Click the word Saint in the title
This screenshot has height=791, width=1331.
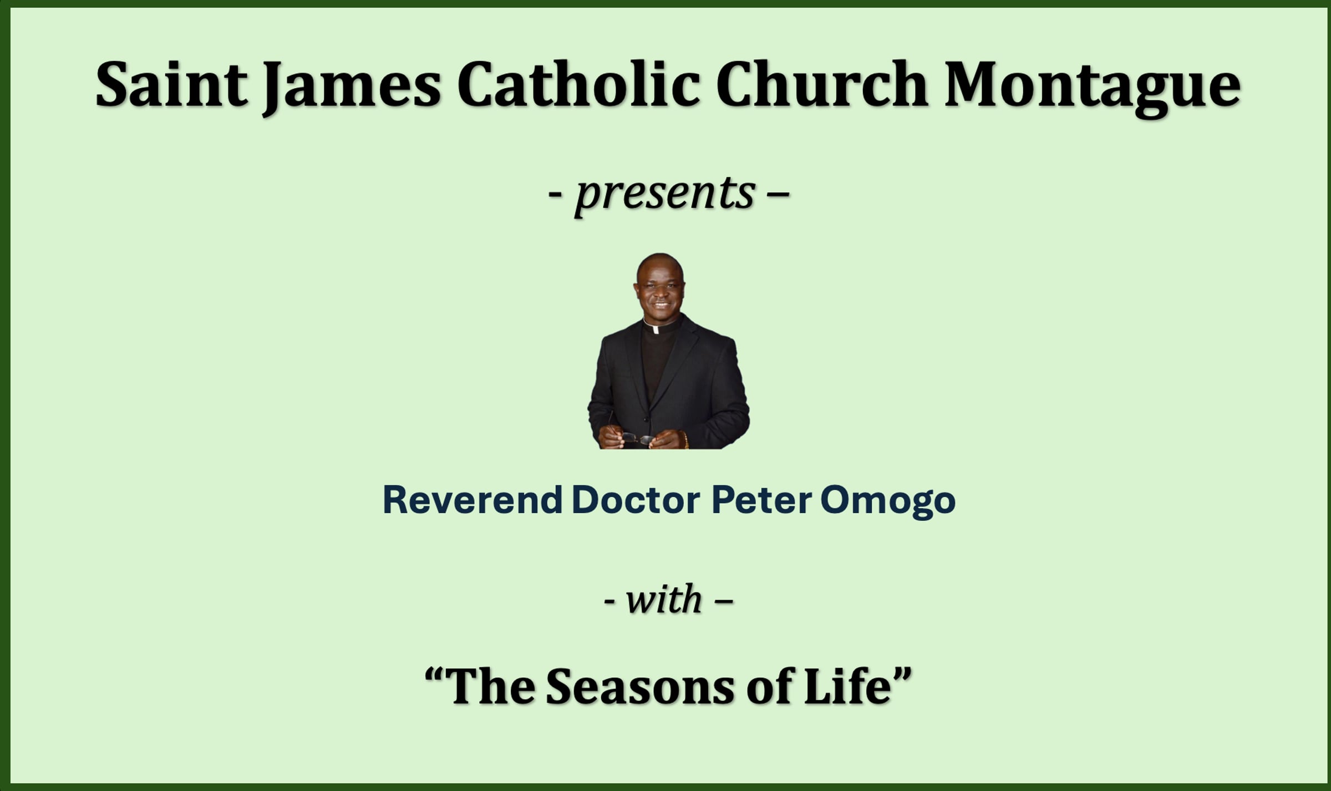pyautogui.click(x=171, y=84)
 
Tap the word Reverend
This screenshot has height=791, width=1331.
pyautogui.click(x=473, y=500)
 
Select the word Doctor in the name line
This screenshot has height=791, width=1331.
pyautogui.click(x=636, y=500)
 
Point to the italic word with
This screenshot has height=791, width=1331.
pyautogui.click(x=664, y=599)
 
